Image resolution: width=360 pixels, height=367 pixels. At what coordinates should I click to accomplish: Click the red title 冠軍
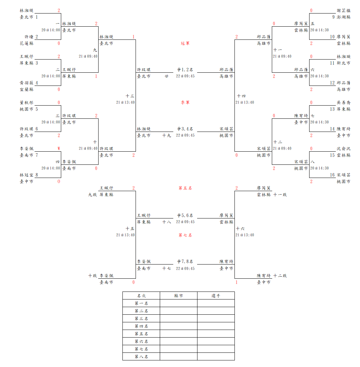pos(185,43)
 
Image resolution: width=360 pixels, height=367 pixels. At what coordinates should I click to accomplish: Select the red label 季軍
pos(185,102)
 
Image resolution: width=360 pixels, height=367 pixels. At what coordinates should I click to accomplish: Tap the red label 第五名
pos(185,188)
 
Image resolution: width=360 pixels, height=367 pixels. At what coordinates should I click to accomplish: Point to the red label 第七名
pos(185,235)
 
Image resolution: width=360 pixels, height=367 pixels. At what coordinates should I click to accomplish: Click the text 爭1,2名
pos(185,70)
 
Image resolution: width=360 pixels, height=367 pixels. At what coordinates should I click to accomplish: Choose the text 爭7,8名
pos(185,262)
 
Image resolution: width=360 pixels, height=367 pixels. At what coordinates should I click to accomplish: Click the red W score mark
pos(59,149)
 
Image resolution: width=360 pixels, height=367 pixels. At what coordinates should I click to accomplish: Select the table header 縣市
pos(178,296)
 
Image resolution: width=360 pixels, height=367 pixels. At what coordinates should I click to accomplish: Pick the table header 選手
pos(216,296)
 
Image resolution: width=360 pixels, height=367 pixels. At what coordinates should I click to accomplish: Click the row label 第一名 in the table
pos(141,303)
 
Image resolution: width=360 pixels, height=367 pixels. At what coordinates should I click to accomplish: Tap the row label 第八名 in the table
pos(141,357)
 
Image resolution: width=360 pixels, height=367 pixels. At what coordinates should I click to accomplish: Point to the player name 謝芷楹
pos(343,10)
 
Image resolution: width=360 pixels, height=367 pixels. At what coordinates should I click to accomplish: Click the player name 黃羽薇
pos(27,83)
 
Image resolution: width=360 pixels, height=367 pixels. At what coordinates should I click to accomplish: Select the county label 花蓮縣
pos(27,43)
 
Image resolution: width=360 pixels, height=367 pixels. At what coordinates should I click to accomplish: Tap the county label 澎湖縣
pos(343,17)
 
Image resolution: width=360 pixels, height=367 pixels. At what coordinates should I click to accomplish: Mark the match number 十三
pos(130,96)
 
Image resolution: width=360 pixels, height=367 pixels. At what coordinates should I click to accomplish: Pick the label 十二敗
pos(280,276)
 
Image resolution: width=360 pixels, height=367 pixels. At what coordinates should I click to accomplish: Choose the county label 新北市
pos(343,63)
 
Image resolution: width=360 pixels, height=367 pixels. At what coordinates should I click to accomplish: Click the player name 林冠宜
pos(27,175)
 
